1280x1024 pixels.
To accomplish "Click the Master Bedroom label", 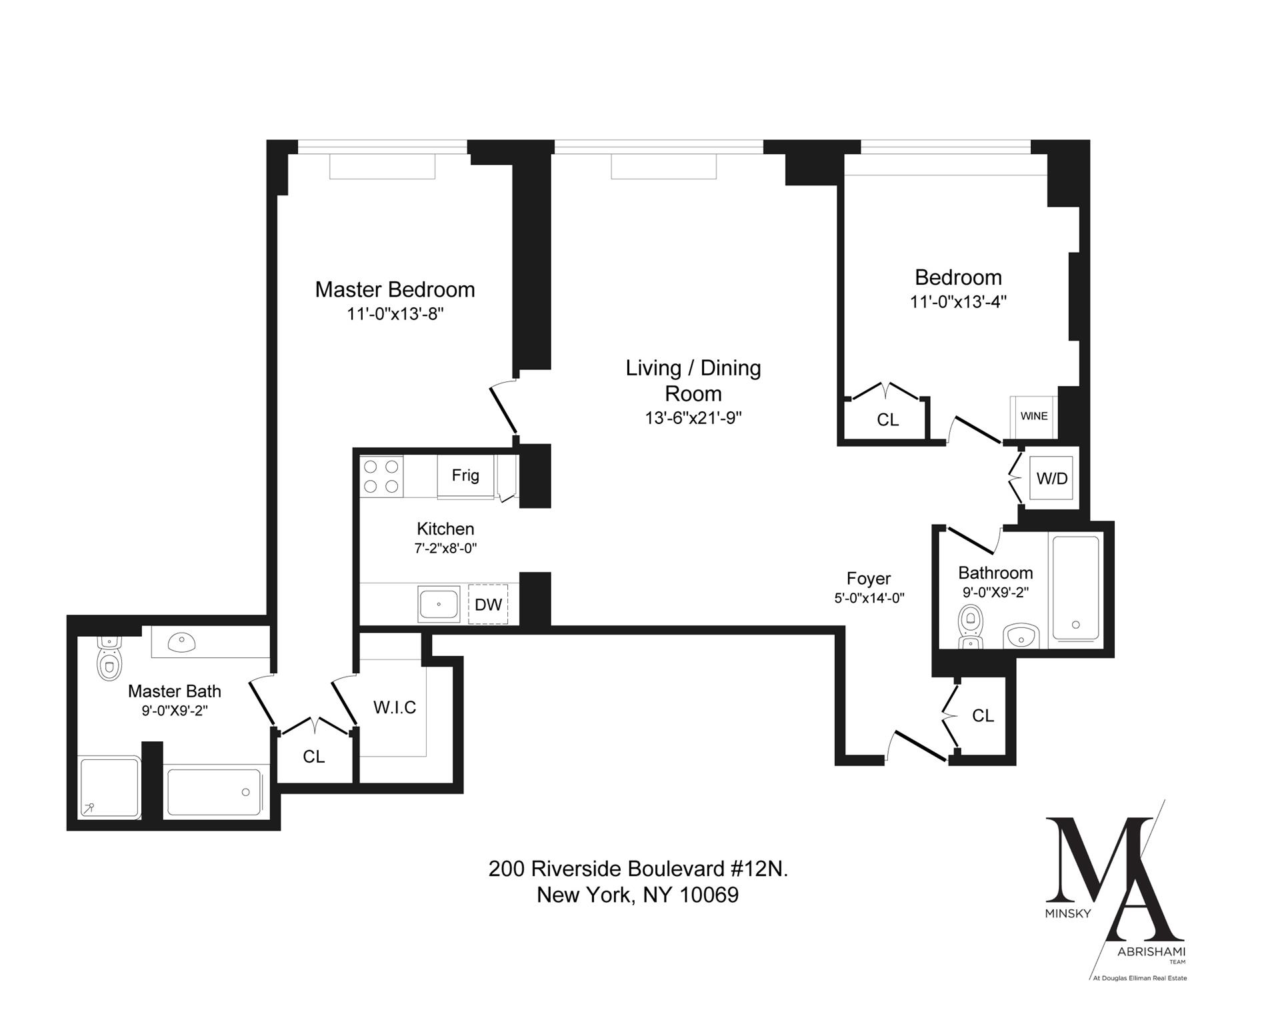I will [x=395, y=289].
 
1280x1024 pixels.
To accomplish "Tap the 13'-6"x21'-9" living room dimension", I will [x=693, y=418].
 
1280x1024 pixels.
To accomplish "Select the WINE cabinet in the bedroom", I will [x=1033, y=416].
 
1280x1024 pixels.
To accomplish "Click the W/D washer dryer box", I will [x=1051, y=478].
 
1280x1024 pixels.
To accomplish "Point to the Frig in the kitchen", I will [x=465, y=475].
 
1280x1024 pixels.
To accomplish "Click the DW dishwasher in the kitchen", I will [x=488, y=605].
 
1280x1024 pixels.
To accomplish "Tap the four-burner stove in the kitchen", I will [x=381, y=476].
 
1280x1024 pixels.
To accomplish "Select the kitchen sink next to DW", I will [x=439, y=604].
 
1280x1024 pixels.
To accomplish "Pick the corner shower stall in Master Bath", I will [x=109, y=787].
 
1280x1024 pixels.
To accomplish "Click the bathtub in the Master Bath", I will [x=214, y=792].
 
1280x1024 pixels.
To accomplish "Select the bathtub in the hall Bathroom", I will [x=1075, y=587].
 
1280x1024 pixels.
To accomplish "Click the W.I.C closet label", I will [x=395, y=707].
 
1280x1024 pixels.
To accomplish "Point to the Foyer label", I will [x=869, y=578].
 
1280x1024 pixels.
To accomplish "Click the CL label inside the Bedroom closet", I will [x=887, y=419].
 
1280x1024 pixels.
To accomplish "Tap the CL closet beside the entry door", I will [x=983, y=715].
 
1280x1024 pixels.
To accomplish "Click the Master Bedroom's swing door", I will [x=503, y=409].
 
